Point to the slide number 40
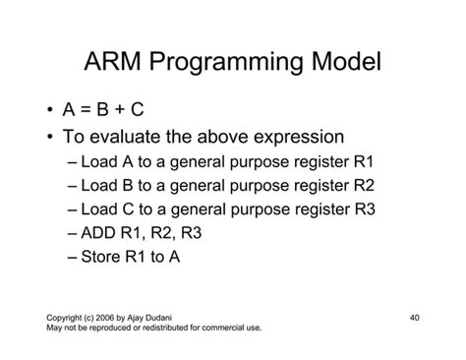(414, 318)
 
